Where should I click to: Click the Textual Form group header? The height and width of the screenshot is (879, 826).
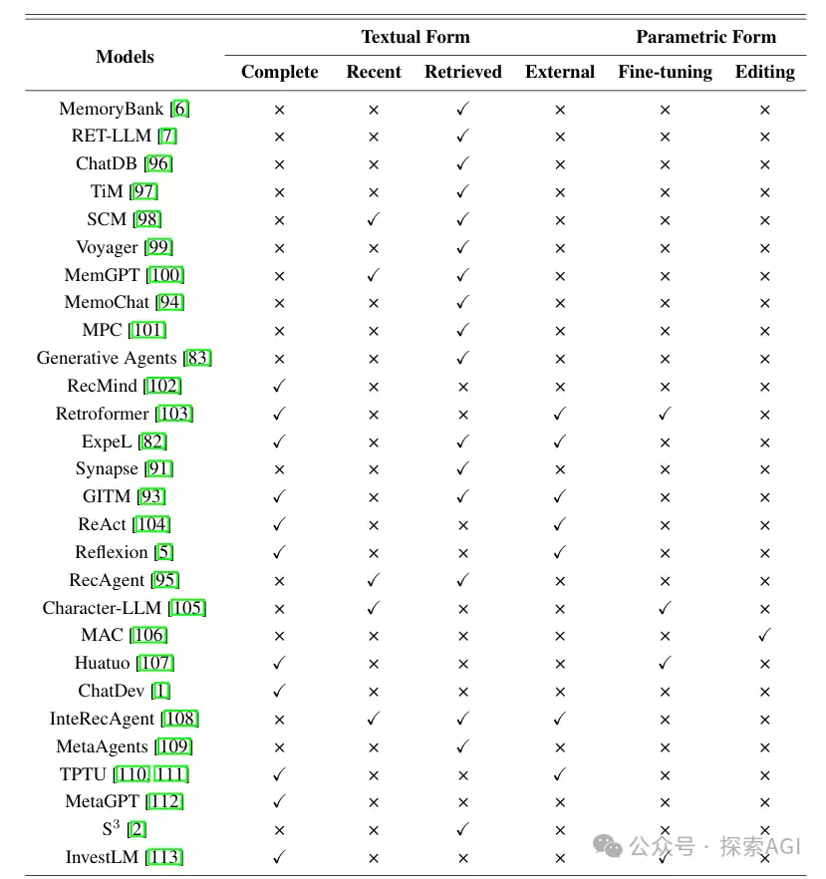pyautogui.click(x=415, y=37)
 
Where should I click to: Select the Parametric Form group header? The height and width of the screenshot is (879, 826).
pyautogui.click(x=706, y=37)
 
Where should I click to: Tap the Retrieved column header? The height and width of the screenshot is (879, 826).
pyautogui.click(x=463, y=72)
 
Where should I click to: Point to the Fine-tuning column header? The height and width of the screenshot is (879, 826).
pyautogui.click(x=666, y=73)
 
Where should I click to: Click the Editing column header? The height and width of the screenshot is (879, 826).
pyautogui.click(x=765, y=73)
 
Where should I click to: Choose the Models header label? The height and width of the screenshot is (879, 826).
pyautogui.click(x=125, y=57)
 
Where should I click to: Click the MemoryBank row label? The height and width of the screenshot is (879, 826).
pyautogui.click(x=111, y=109)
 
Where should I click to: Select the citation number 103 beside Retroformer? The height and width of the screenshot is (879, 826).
pyautogui.click(x=174, y=414)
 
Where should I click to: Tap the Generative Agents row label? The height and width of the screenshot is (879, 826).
pyautogui.click(x=107, y=358)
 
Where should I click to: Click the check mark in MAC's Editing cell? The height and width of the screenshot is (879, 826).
pyautogui.click(x=765, y=635)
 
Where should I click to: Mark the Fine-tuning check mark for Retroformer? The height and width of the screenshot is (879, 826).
pyautogui.click(x=666, y=414)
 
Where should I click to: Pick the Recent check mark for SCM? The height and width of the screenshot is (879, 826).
pyautogui.click(x=374, y=219)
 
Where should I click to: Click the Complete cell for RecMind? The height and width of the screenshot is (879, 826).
pyautogui.click(x=279, y=386)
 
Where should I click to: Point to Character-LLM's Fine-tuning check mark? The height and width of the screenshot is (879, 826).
pyautogui.click(x=666, y=608)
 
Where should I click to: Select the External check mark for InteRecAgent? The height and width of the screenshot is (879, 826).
pyautogui.click(x=560, y=719)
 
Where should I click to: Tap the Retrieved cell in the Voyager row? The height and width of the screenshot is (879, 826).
pyautogui.click(x=463, y=247)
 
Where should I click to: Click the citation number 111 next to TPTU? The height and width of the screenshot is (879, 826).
pyautogui.click(x=170, y=774)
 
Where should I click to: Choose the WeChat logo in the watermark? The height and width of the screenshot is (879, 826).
pyautogui.click(x=608, y=846)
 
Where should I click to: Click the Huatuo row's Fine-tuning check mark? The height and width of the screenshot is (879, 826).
pyautogui.click(x=666, y=663)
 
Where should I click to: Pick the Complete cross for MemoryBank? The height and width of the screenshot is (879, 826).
pyautogui.click(x=279, y=110)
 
